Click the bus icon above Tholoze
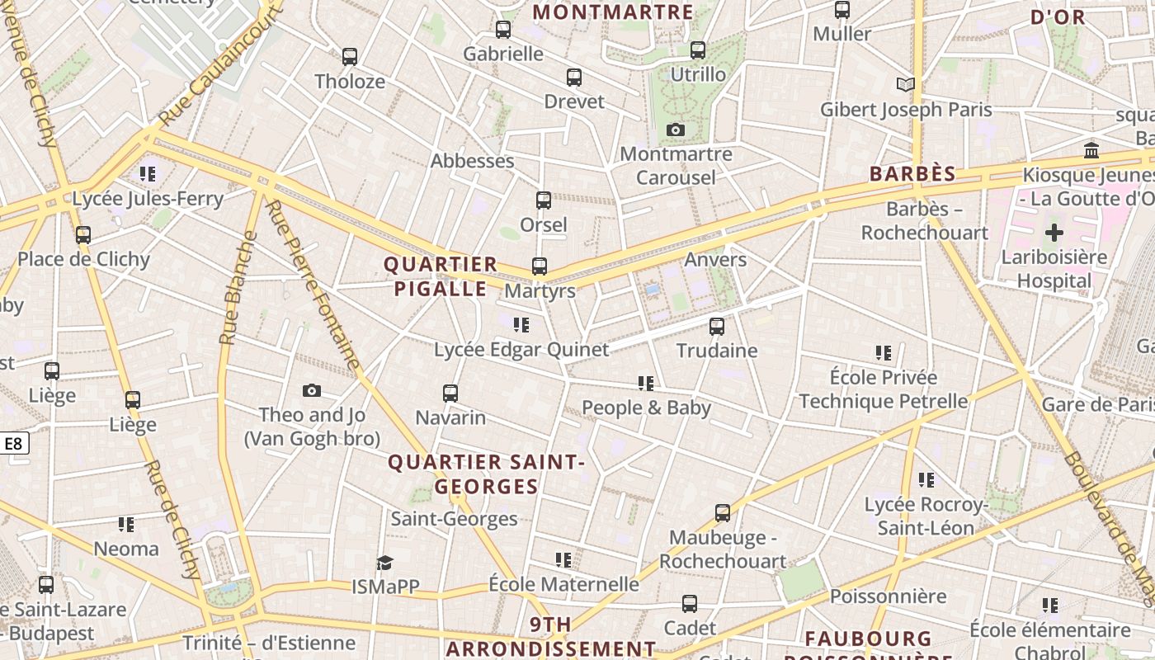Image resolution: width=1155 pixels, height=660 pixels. coord(350,57)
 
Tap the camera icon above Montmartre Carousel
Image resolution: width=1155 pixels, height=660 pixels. coord(676,130)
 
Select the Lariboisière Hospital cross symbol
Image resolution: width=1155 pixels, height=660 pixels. coord(1054,233)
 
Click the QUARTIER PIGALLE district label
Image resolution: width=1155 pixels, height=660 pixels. coord(441,276)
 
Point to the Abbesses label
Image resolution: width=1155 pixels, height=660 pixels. coord(472,161)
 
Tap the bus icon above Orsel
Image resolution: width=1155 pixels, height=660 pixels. coord(543,200)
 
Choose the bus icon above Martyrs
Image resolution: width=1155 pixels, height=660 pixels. coord(539,266)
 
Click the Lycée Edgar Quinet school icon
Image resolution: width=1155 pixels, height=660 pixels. coord(521,325)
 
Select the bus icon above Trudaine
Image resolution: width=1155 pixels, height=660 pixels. coord(716,327)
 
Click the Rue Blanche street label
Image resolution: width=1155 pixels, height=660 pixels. coord(235,288)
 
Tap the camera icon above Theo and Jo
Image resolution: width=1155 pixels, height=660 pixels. coord(311,391)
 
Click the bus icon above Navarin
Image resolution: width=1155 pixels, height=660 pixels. coord(450,394)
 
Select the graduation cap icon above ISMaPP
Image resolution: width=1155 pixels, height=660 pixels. coord(384,563)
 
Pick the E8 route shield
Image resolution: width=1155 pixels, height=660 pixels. coord(14,444)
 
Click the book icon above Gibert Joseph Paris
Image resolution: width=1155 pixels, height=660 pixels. coord(905,84)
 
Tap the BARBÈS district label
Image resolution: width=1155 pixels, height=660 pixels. coord(912,174)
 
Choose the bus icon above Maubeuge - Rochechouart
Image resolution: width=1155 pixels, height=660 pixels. coord(722,513)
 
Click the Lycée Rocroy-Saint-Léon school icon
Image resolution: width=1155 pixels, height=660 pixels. coord(926,480)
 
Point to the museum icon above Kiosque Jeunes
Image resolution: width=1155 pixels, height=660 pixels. coord(1091,150)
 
